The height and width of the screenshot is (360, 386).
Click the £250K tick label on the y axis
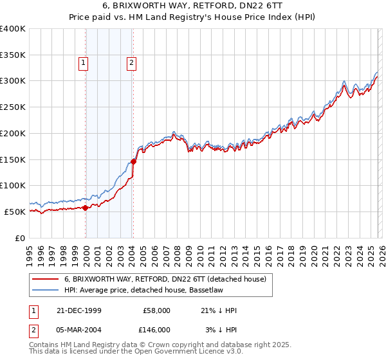tap(13, 107)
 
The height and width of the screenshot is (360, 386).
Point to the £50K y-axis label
tap(15, 212)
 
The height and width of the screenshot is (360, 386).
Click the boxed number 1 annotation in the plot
tap(84, 63)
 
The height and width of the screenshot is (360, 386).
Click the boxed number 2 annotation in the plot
tap(131, 63)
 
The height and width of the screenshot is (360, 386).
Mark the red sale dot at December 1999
tap(86, 208)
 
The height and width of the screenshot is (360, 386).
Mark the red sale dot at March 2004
tap(133, 161)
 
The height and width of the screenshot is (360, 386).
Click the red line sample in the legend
tap(45, 279)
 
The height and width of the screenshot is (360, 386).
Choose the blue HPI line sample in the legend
tap(45, 290)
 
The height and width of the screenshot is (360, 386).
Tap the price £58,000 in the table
tap(156, 310)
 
